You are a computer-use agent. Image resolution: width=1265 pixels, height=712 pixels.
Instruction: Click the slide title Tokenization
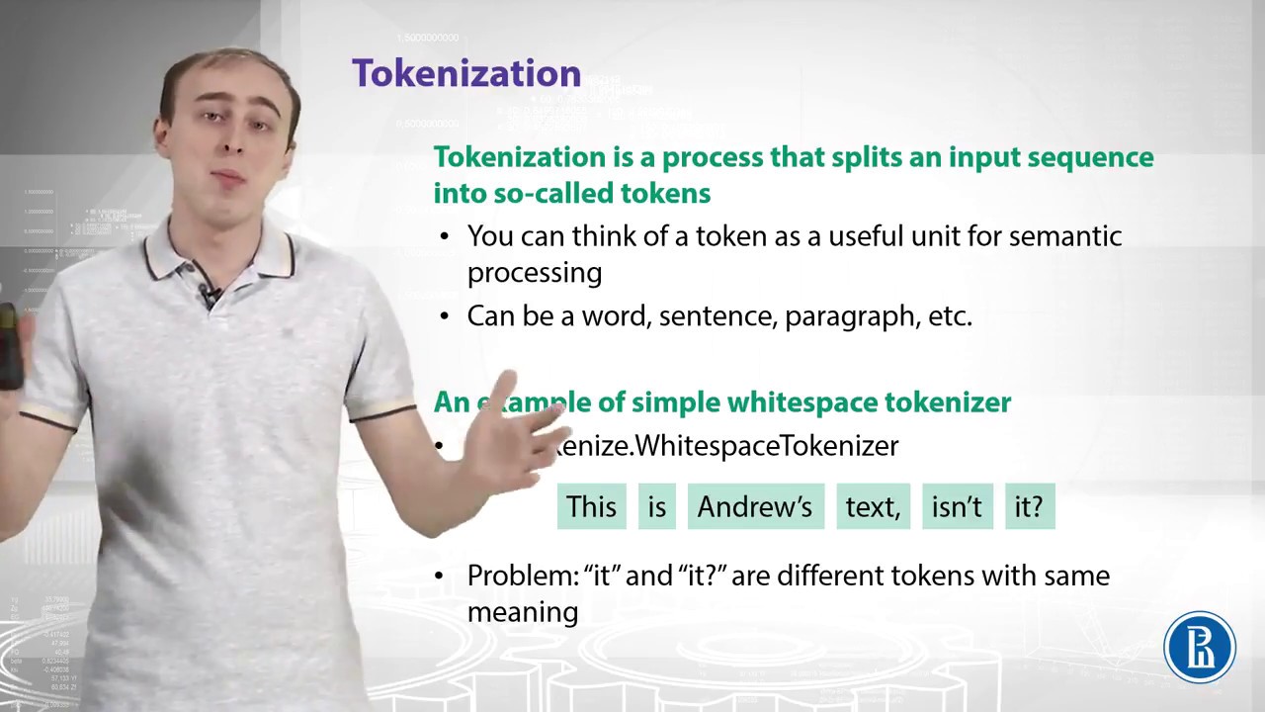pos(465,73)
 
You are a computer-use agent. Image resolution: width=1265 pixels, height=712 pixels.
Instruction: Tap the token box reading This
pos(591,506)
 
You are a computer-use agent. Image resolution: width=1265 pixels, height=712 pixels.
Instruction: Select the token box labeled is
pos(657,506)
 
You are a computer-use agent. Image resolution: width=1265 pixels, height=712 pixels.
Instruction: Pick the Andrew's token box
pos(755,506)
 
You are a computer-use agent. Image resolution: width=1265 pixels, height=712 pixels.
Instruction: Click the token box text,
pos(873,506)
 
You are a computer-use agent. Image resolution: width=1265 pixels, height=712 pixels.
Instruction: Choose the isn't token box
pos(957,506)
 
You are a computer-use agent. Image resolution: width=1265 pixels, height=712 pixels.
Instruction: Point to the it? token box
pos(1029,506)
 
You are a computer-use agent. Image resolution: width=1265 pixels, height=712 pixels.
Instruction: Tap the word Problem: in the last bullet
pos(521,576)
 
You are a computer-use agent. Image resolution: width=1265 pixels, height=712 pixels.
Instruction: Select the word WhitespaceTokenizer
pos(767,445)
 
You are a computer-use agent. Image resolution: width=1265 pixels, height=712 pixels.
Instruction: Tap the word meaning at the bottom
pos(522,611)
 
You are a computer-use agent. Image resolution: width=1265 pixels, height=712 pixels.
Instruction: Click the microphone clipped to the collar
pos(211,293)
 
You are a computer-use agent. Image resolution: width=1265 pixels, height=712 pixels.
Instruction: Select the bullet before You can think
pos(445,236)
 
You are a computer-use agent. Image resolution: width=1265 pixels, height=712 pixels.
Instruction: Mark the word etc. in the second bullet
pos(950,316)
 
